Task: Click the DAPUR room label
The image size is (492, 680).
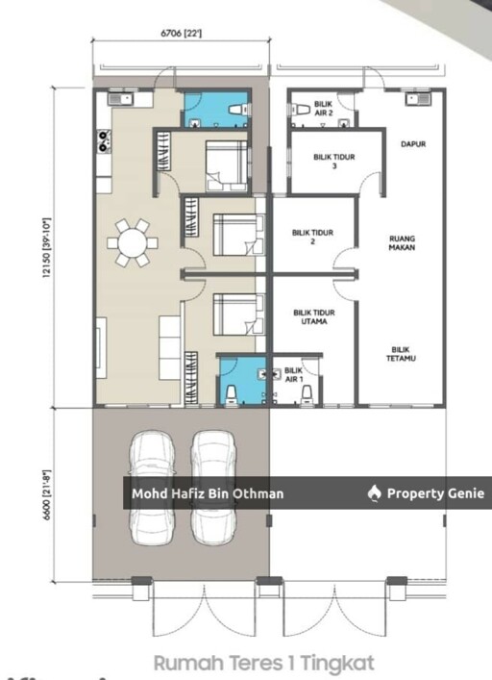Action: (x=413, y=144)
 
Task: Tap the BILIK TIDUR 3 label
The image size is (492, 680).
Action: (x=333, y=162)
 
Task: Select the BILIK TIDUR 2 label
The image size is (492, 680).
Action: (x=312, y=237)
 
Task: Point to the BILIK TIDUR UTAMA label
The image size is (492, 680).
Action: (x=314, y=317)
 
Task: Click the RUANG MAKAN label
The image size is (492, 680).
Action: (x=402, y=242)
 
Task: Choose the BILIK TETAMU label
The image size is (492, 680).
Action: (x=401, y=354)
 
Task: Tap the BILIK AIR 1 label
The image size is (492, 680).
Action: (x=294, y=375)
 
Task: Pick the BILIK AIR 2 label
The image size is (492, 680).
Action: (x=324, y=109)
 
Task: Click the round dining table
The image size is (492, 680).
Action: (x=132, y=242)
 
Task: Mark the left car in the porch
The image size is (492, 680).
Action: (x=153, y=487)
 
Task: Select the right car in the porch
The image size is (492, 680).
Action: (x=213, y=487)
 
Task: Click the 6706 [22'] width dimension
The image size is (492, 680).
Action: (x=181, y=33)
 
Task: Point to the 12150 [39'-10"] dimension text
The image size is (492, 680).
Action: (x=47, y=248)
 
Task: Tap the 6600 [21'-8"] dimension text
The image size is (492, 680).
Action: (x=47, y=495)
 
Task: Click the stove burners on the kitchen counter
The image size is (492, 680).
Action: (x=104, y=141)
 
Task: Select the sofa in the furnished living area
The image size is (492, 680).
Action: (x=169, y=348)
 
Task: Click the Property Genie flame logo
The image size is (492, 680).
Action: (x=374, y=493)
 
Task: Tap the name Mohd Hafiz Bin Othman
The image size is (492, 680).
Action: (x=208, y=493)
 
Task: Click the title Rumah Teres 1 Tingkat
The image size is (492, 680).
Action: (x=263, y=663)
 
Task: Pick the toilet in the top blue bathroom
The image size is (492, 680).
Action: (x=237, y=110)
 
